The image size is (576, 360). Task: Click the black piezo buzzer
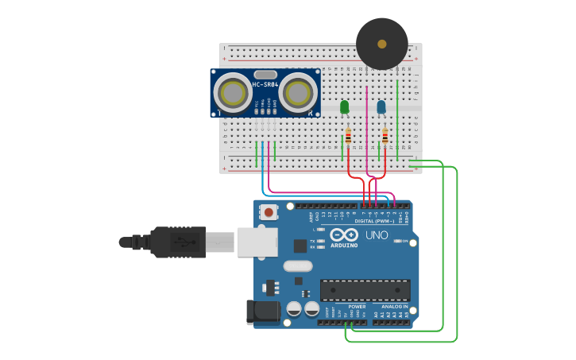click(x=382, y=44)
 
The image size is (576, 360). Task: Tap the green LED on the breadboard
click(x=344, y=106)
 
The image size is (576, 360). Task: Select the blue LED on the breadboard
click(x=381, y=106)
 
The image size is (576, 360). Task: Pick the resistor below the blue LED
click(x=385, y=137)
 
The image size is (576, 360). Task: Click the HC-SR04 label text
click(x=265, y=84)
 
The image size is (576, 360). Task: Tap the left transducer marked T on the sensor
click(x=234, y=94)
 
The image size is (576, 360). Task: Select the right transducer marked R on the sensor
click(x=296, y=94)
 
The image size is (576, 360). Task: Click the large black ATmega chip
click(x=365, y=290)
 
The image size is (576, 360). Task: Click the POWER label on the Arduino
click(x=357, y=306)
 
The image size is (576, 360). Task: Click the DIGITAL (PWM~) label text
click(x=374, y=221)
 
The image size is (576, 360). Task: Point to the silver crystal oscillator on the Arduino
click(x=297, y=266)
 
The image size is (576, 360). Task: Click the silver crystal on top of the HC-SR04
click(x=265, y=74)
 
